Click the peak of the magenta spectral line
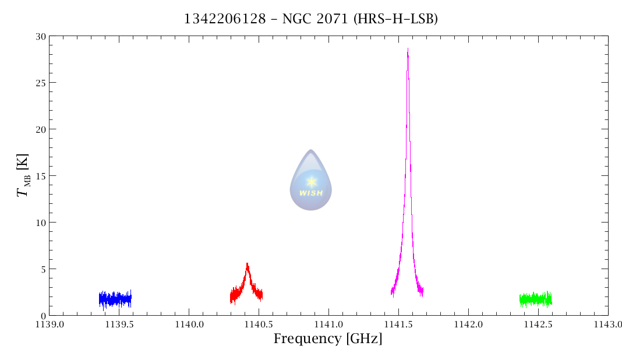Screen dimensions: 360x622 [x=408, y=49]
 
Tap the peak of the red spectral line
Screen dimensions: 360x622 [x=247, y=264]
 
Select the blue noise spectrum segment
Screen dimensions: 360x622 [x=115, y=299]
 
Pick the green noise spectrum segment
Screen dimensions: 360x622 [x=536, y=299]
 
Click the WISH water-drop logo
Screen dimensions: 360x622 [x=311, y=180]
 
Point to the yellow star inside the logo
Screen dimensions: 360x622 [x=312, y=181]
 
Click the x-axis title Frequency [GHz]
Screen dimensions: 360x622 [x=328, y=338]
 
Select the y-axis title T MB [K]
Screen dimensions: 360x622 [x=23, y=175]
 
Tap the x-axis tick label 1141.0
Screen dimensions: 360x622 [x=328, y=324]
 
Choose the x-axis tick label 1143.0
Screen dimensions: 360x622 [x=607, y=324]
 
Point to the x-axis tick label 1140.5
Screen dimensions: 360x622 [x=259, y=324]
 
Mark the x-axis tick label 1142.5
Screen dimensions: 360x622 [x=538, y=324]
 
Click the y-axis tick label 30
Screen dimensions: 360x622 [x=40, y=36]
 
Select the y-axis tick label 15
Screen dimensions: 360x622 [x=40, y=176]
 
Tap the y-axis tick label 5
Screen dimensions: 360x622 [x=43, y=269]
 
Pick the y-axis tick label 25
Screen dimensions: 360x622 [x=40, y=83]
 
